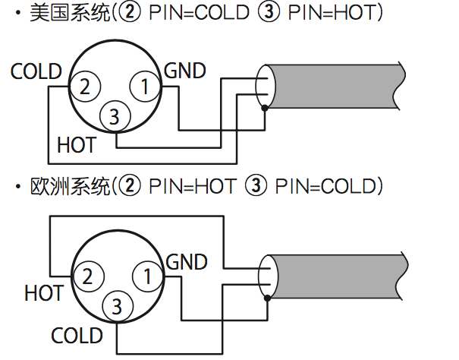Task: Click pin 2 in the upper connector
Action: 85,87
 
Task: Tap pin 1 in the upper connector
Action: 145,87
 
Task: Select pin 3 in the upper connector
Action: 115,116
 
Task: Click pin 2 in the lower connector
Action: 88,276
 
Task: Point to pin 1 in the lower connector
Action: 148,276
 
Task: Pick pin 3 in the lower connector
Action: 118,306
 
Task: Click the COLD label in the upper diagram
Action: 36,71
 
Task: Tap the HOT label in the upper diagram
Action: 77,145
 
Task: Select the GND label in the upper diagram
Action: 185,71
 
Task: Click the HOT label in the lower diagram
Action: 44,293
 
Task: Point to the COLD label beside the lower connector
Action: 77,336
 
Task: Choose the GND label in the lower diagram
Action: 187,262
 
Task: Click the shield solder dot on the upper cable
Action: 265,108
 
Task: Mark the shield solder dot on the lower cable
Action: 267,298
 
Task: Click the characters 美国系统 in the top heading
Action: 70,13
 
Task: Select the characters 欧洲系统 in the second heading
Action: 70,186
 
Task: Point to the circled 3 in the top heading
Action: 269,11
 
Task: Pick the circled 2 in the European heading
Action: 130,185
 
